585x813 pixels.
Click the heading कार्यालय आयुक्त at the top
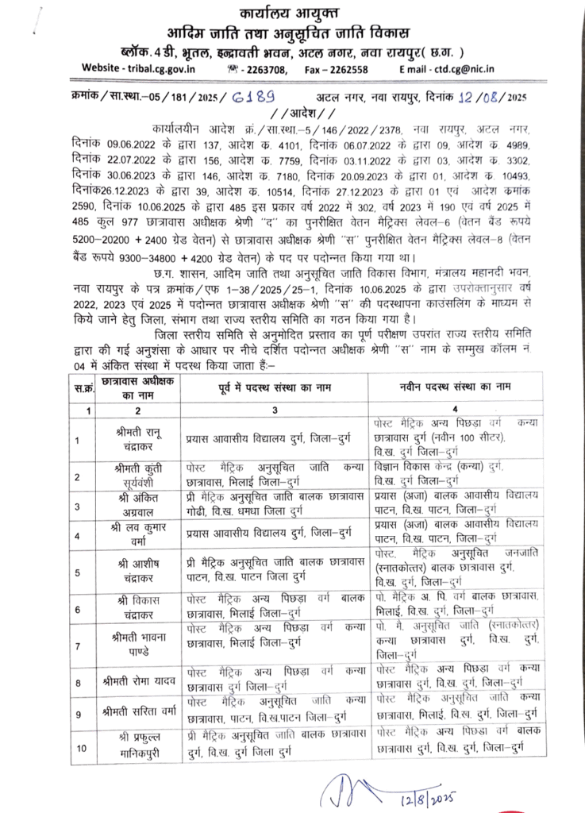(x=292, y=13)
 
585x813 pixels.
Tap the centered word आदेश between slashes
(x=291, y=111)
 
